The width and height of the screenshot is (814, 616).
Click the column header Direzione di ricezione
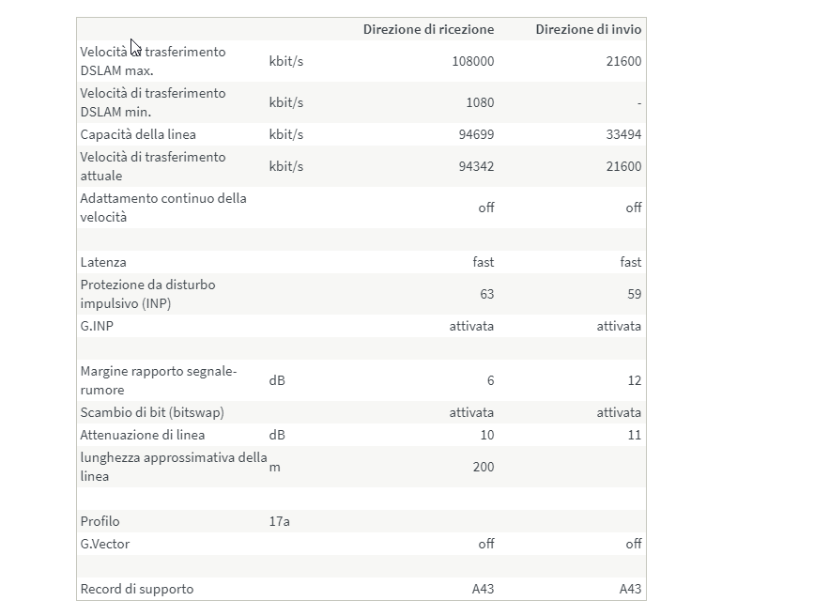point(428,29)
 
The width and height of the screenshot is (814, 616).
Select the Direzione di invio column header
point(588,29)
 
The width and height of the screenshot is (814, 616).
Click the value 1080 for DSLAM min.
point(480,102)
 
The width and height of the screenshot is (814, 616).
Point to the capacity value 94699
point(475,134)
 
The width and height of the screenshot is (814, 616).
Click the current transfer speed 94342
point(475,166)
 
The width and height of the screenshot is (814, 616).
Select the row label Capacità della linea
point(138,134)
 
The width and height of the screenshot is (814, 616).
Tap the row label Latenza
point(103,262)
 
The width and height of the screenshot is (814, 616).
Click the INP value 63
point(486,294)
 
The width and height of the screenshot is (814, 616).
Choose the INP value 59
point(634,294)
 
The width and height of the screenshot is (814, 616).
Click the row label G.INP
point(98,326)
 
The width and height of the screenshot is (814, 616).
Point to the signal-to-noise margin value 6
point(490,380)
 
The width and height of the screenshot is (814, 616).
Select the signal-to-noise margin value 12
point(634,380)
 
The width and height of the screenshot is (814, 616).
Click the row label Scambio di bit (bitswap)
point(152,412)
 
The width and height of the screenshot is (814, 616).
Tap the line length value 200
point(483,467)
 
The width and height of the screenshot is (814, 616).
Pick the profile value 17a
point(279,521)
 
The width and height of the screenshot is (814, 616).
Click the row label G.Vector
point(105,544)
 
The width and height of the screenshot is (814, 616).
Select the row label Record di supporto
point(137,589)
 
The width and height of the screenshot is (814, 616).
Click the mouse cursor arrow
point(135,48)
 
